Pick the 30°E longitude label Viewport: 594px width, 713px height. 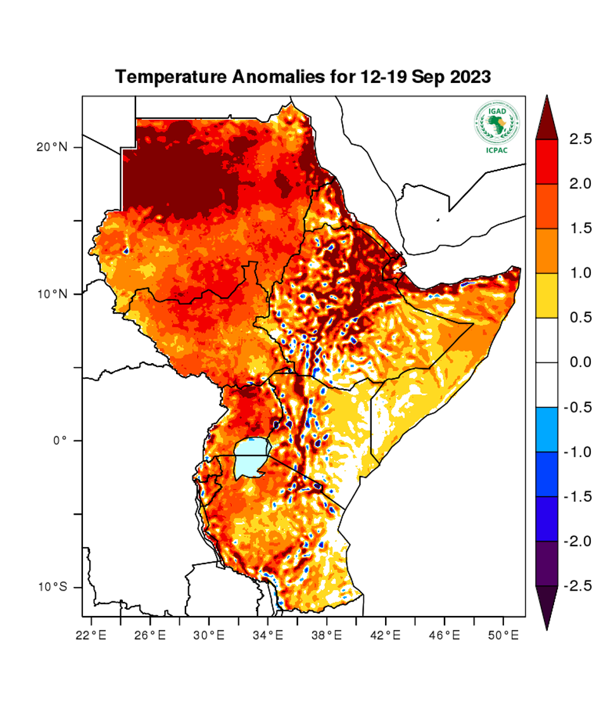tap(209, 633)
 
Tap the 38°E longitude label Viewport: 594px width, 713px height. tap(327, 633)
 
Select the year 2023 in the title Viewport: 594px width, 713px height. tap(469, 77)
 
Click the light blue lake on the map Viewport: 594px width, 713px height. tap(251, 458)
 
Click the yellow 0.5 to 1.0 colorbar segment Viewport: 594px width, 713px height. tap(547, 295)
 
